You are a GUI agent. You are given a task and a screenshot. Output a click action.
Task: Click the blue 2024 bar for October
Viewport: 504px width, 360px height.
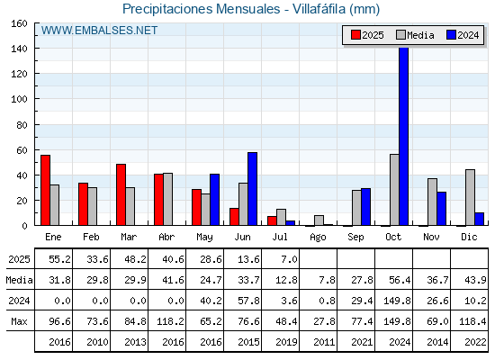tap(404, 136)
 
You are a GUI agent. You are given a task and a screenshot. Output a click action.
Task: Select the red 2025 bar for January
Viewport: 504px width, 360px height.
tap(45, 190)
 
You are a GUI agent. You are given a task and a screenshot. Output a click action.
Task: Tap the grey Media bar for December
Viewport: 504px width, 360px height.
tap(470, 197)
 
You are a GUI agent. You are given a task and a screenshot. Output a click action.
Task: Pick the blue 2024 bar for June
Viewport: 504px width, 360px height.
tap(252, 189)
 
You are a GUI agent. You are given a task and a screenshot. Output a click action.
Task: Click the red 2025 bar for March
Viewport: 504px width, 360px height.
tap(121, 194)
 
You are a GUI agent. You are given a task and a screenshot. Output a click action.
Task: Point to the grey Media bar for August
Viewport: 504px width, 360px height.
tap(319, 220)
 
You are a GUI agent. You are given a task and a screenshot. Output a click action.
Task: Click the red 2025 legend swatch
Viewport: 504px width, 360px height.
tap(355, 35)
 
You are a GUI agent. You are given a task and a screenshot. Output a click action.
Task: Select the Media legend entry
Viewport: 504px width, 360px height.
tap(415, 35)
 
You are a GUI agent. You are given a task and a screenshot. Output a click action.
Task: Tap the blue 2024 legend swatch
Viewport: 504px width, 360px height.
tap(451, 35)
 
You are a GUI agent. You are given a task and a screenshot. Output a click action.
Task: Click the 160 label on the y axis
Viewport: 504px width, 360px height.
tap(20, 23)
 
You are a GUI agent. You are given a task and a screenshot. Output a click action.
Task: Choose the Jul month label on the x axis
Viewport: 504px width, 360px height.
tap(280, 237)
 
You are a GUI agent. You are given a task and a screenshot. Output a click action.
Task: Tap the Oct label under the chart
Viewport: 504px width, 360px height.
tap(393, 237)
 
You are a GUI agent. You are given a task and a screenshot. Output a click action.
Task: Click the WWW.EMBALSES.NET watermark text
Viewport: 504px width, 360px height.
tap(99, 31)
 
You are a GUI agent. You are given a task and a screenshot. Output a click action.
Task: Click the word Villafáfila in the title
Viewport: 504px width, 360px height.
tap(319, 9)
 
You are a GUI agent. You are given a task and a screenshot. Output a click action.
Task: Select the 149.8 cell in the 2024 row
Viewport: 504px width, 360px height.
tap(397, 301)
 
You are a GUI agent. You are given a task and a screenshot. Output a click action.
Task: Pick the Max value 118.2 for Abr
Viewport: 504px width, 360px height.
tap(170, 321)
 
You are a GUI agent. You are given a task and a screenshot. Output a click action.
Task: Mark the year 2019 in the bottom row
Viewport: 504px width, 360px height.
tap(286, 342)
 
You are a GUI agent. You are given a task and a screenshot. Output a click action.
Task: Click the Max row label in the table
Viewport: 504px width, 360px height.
tap(19, 321)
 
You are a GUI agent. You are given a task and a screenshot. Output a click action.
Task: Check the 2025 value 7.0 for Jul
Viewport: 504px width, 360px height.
tap(289, 259)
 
